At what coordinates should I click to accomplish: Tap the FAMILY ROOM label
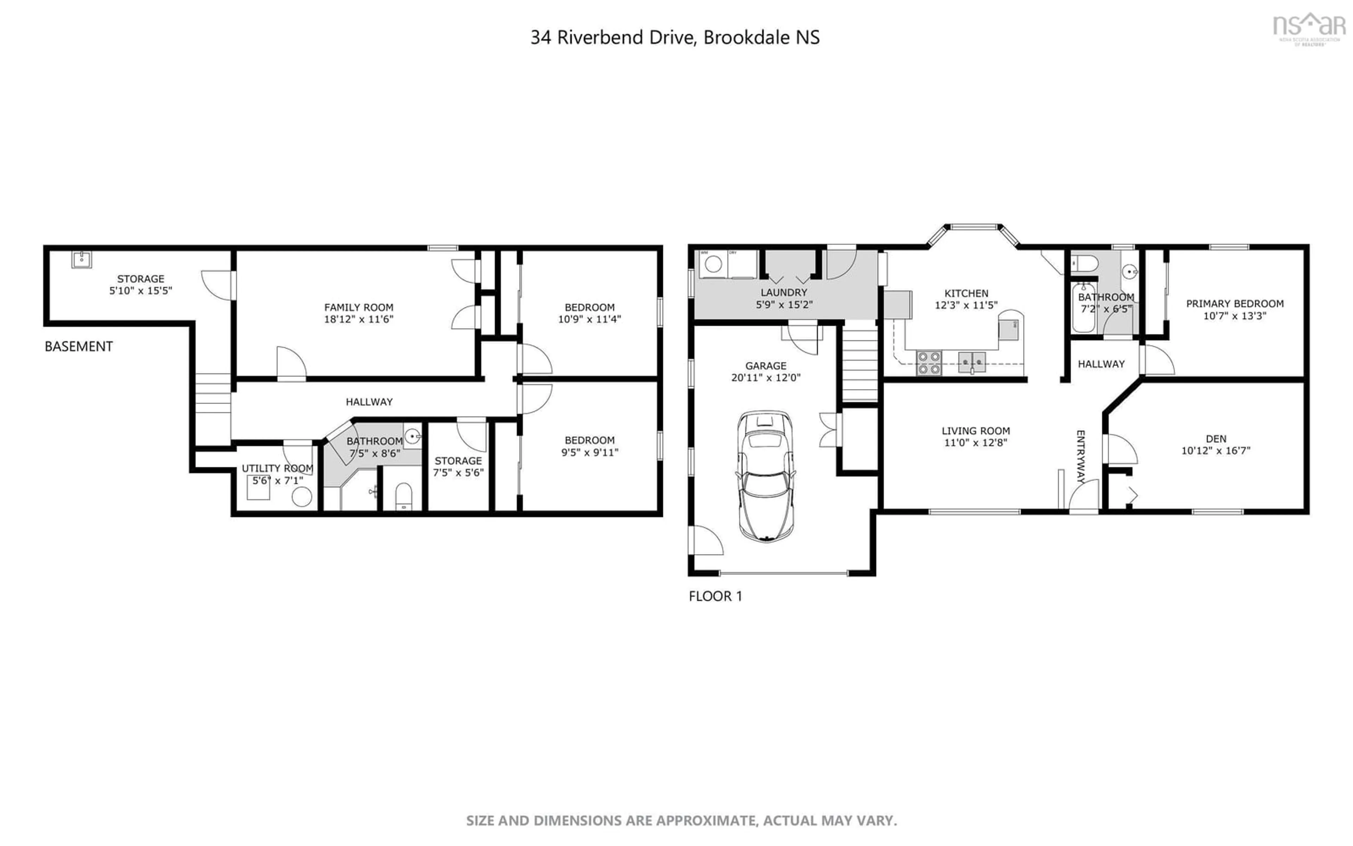coord(358,307)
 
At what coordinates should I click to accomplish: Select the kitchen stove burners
coord(929,363)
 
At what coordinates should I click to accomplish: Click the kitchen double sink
coord(972,363)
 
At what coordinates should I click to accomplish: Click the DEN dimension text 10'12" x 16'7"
coord(1216,450)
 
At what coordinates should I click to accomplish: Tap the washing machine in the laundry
coord(713,264)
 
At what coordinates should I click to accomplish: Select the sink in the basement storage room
coord(82,260)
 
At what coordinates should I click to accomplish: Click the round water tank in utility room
coord(302,496)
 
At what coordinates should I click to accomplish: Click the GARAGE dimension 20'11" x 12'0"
coord(765,378)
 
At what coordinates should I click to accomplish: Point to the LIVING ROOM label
coord(976,431)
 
